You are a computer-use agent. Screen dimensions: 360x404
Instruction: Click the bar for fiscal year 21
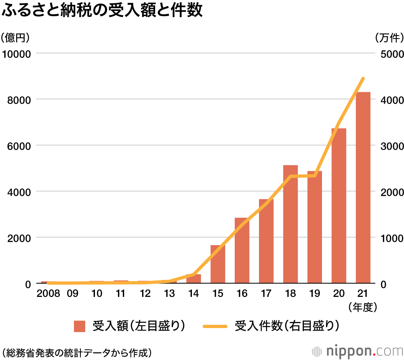(x=363, y=188)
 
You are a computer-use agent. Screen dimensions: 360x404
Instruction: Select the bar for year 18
(x=290, y=224)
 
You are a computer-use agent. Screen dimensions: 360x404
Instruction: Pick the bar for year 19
(x=315, y=227)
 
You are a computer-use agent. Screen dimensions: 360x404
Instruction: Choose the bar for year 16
(x=242, y=251)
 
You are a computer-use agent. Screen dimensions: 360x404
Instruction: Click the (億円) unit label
(x=15, y=38)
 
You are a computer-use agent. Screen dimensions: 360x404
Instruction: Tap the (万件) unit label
(x=389, y=38)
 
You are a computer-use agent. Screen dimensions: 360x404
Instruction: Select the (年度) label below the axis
(x=362, y=307)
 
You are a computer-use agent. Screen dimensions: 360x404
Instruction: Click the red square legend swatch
(x=80, y=326)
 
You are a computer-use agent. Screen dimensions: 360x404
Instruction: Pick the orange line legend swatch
(x=216, y=326)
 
